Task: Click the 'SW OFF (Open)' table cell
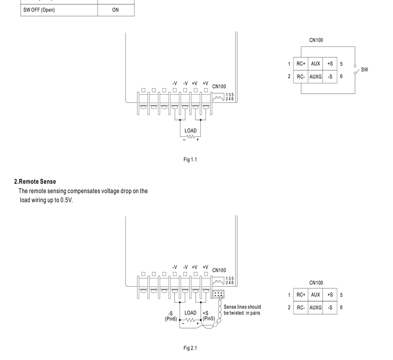tap(59, 10)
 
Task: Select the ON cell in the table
tap(116, 10)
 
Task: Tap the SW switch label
tap(365, 70)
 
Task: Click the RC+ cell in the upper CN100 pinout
tap(301, 63)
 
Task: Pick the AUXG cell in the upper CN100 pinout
tap(315, 77)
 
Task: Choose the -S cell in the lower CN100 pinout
tap(330, 307)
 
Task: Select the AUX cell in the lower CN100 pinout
tap(315, 295)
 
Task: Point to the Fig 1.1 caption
tap(190, 160)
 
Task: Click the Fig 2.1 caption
tap(190, 348)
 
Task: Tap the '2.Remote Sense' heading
tap(35, 181)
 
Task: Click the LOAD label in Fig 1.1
tap(190, 131)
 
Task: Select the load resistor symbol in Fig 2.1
tap(190, 320)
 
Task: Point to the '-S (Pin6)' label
tap(170, 316)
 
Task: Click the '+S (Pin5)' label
tap(208, 316)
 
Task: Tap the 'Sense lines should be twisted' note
tap(242, 310)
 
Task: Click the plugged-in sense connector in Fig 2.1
tap(218, 294)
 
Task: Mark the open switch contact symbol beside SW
tap(356, 70)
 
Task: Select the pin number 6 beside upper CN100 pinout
tap(341, 76)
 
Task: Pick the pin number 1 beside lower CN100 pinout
tap(289, 295)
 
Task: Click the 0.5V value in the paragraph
tap(66, 200)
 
